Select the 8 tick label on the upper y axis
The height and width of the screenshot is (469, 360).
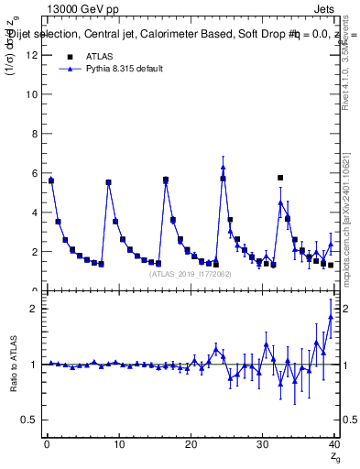coord(35,134)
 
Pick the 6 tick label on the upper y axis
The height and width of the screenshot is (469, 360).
coord(35,173)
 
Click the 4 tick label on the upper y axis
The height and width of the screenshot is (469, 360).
coord(35,213)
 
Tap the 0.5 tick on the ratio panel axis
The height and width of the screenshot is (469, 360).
coord(30,420)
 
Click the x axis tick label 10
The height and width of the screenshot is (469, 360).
coord(118,444)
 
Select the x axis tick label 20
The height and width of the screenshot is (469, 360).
coord(191,444)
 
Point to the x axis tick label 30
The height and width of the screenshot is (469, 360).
coord(263,444)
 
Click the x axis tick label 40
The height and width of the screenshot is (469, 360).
coord(333,444)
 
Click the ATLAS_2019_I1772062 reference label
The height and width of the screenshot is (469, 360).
coord(190,274)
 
